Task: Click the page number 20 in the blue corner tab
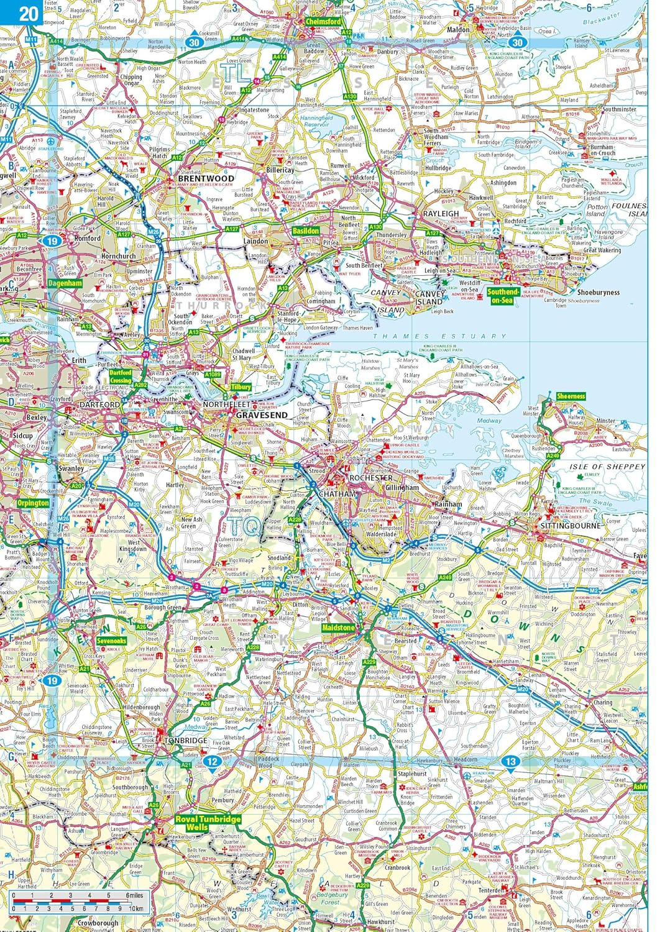[x=28, y=13]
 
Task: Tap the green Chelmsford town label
[x=323, y=21]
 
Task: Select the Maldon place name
[x=459, y=29]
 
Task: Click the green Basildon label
[x=305, y=231]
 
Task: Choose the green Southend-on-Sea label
[x=503, y=296]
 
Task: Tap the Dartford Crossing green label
[x=121, y=377]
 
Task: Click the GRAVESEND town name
[x=262, y=414]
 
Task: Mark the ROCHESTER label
[x=371, y=478]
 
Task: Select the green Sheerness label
[x=571, y=396]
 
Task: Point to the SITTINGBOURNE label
[x=571, y=525]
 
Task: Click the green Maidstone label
[x=338, y=628]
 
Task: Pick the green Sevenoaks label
[x=112, y=641]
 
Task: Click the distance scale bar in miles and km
[x=78, y=901]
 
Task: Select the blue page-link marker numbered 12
[x=213, y=761]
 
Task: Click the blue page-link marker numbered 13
[x=510, y=761]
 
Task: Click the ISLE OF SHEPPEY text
[x=607, y=466]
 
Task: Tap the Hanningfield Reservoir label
[x=316, y=121]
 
